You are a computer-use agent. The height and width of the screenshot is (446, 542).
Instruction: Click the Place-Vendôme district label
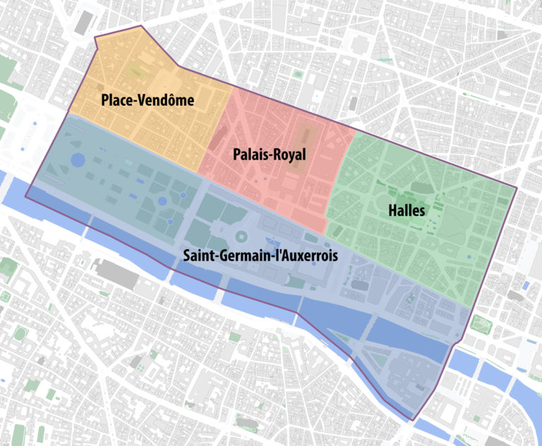pyautogui.click(x=147, y=101)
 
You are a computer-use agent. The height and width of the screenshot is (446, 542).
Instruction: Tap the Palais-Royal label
pyautogui.click(x=270, y=155)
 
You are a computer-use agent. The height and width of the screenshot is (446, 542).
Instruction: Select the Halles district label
pyautogui.click(x=406, y=210)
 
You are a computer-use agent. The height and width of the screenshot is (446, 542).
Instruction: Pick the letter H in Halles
pyautogui.click(x=392, y=210)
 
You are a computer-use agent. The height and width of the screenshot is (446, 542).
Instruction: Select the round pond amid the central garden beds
pyautogui.click(x=162, y=201)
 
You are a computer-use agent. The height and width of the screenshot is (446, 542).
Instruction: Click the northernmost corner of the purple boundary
pyautogui.click(x=141, y=26)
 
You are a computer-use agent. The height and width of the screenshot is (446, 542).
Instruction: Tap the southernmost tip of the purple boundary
pyautogui.click(x=411, y=421)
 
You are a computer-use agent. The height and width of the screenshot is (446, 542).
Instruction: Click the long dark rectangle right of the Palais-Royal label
pyautogui.click(x=306, y=138)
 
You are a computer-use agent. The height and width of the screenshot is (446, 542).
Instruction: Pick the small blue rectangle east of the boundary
pyautogui.click(x=525, y=284)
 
